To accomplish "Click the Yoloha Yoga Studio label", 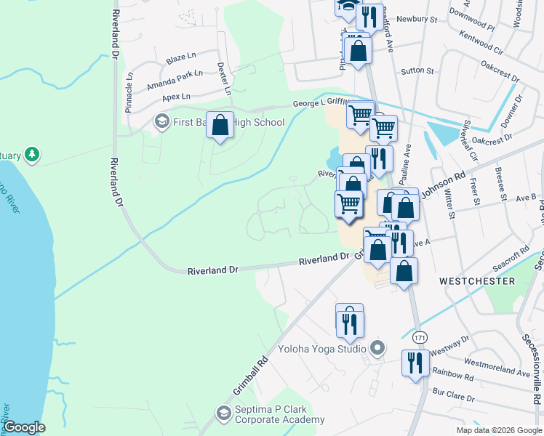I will tap(325, 350).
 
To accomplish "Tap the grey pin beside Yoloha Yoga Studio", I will tap(377, 350).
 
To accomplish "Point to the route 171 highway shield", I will tap(420, 338).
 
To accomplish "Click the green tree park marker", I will tap(31, 154).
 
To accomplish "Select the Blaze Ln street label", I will tap(181, 56).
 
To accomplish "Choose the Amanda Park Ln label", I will tap(175, 79).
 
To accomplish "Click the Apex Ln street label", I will tap(176, 97).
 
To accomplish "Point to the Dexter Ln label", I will tap(224, 78).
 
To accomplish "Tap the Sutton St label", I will tap(417, 71).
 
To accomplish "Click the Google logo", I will tap(24, 427).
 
